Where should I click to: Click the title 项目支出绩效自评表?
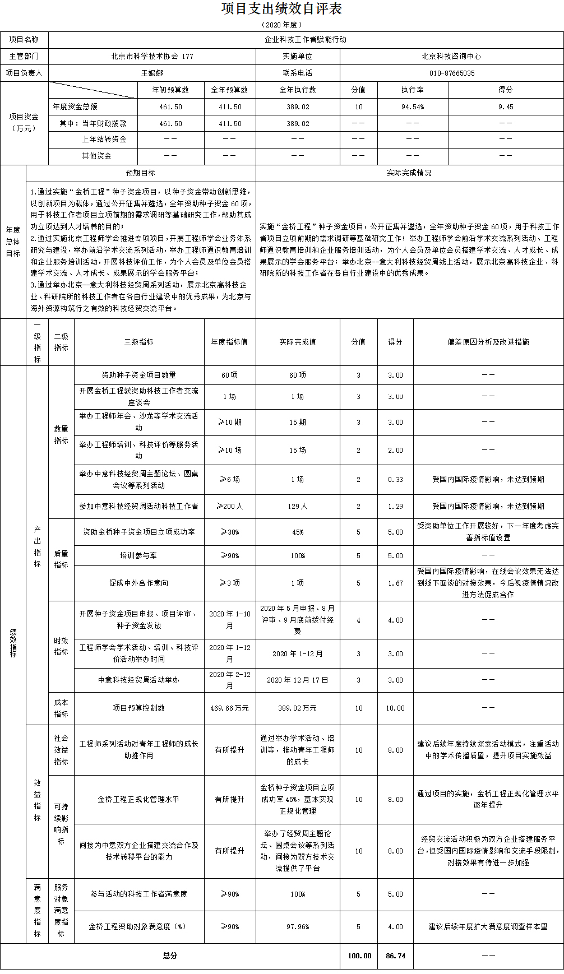click(x=281, y=9)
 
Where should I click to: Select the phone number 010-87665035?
click(x=451, y=73)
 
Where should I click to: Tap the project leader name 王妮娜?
click(x=152, y=73)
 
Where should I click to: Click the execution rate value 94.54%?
click(x=413, y=107)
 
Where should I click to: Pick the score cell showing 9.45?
click(x=506, y=107)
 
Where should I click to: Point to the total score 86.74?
click(x=395, y=956)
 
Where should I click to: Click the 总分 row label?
click(x=170, y=956)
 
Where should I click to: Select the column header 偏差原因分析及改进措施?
click(x=488, y=342)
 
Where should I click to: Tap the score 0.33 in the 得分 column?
click(x=395, y=479)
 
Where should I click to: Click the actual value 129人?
click(x=297, y=506)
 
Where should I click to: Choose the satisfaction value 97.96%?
click(x=297, y=926)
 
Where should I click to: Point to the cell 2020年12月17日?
click(x=297, y=680)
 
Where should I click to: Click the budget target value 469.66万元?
click(x=229, y=708)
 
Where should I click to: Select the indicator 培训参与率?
click(x=138, y=555)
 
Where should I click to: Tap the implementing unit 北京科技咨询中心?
click(x=451, y=57)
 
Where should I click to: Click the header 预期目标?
click(x=141, y=173)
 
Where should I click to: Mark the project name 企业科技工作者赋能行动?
click(x=306, y=40)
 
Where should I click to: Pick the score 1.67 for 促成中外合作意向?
click(x=395, y=583)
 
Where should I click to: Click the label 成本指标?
click(x=61, y=708)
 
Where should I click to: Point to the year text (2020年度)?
click(x=281, y=25)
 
